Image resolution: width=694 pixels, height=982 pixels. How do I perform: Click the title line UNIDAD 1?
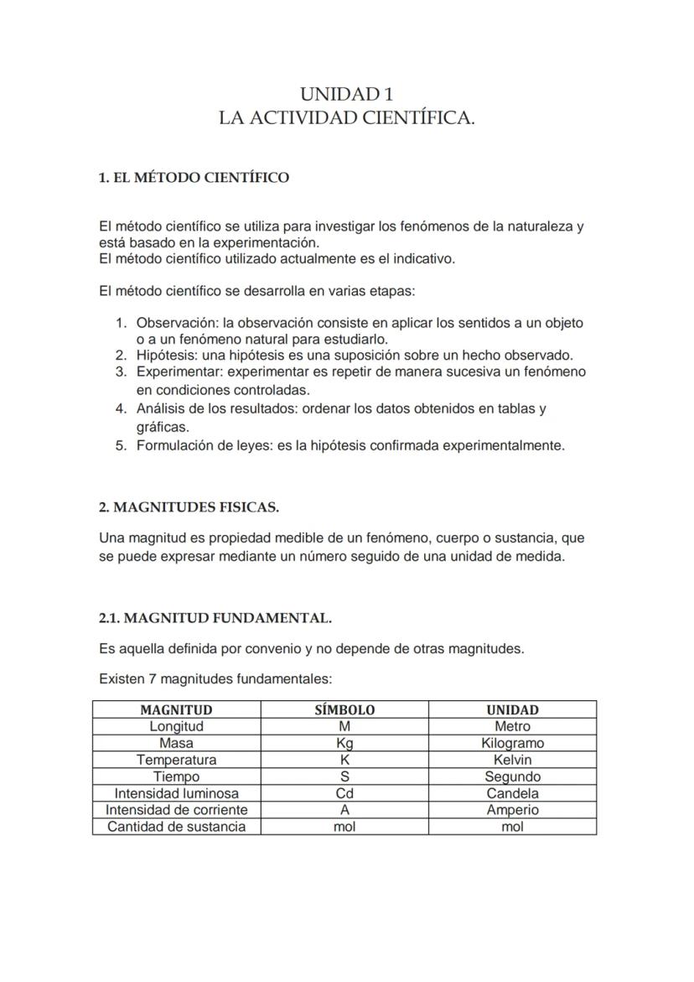click(346, 94)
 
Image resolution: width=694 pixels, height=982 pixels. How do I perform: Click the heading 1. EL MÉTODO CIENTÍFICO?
click(194, 178)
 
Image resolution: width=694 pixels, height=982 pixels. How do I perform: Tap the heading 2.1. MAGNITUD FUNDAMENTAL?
click(215, 619)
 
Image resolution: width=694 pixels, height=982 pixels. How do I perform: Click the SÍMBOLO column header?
click(344, 710)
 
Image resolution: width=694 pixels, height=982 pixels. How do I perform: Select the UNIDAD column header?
click(512, 710)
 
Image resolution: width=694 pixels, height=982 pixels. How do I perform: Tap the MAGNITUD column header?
click(176, 710)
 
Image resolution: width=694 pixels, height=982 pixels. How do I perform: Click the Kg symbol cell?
click(344, 744)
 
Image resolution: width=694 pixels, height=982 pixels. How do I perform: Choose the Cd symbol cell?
click(344, 793)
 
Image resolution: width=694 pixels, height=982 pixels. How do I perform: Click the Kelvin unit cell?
click(512, 760)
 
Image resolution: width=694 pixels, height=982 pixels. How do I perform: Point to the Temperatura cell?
click(176, 760)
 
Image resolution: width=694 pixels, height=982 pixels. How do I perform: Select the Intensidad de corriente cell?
click(176, 810)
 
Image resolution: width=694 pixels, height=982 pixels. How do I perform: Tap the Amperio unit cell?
click(512, 810)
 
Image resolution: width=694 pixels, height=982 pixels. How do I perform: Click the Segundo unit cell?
click(512, 777)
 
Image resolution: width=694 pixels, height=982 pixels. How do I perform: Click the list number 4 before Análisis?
click(121, 409)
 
